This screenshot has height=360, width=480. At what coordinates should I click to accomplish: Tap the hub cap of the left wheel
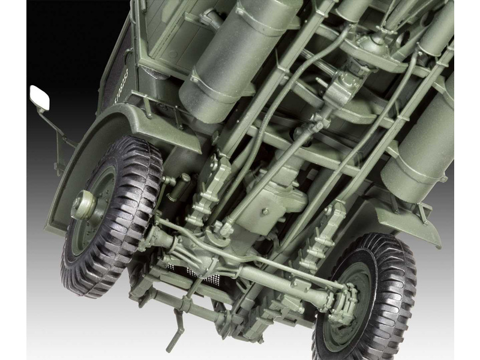(x=82, y=205)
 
